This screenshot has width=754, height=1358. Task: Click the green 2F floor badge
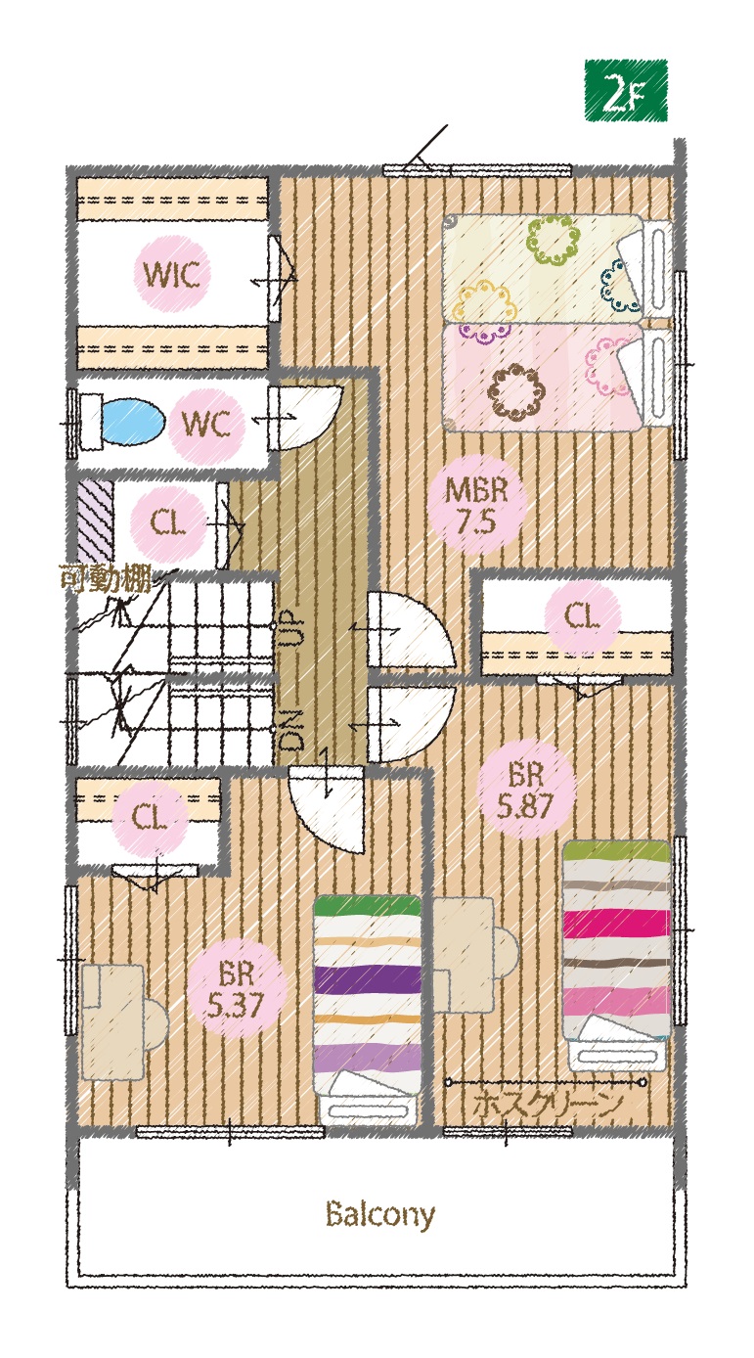626,90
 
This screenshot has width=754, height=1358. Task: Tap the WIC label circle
173,274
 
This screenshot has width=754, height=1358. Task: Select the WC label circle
206,424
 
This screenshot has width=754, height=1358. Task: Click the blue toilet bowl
133,422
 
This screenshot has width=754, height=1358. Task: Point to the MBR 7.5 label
476,505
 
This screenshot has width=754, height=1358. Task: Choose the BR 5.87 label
525,790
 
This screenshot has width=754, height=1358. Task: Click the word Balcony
380,1214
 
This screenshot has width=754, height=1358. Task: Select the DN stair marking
289,729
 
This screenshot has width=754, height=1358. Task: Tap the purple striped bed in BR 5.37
368,1009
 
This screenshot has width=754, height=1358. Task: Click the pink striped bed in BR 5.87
616,954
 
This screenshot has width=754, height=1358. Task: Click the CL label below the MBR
582,617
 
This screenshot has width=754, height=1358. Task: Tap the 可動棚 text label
105,578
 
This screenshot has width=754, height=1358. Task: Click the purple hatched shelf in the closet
95,521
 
